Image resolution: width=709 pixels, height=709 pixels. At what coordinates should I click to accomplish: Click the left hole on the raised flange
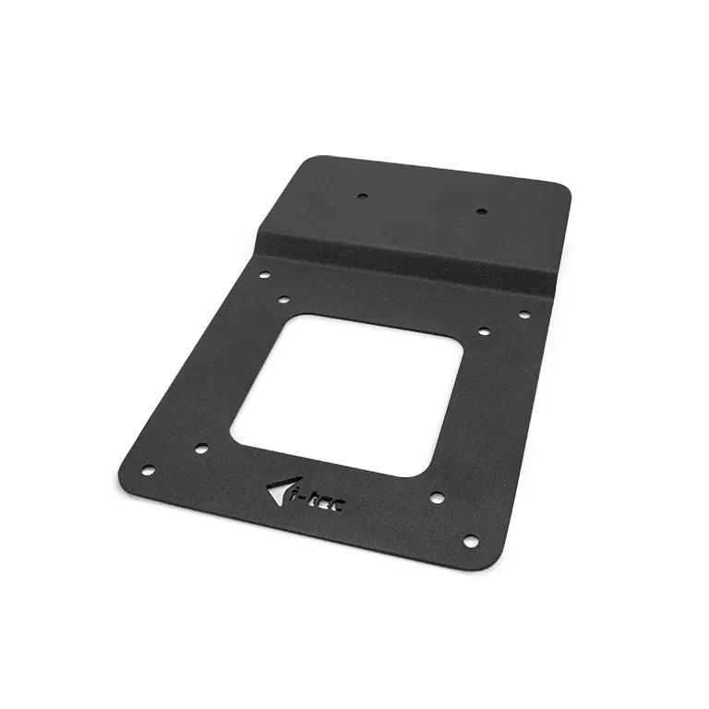(x=363, y=196)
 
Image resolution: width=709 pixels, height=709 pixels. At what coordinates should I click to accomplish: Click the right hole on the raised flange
(x=481, y=211)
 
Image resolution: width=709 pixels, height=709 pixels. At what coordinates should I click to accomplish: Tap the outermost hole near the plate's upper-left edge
(x=264, y=275)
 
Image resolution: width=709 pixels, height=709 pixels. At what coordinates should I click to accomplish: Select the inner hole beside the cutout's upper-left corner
(x=284, y=300)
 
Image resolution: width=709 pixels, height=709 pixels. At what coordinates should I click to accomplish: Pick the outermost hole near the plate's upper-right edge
(x=523, y=315)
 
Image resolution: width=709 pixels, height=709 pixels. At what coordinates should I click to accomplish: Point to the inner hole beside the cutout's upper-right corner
(x=484, y=330)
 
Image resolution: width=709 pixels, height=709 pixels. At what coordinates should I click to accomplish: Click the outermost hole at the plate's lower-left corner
(x=147, y=470)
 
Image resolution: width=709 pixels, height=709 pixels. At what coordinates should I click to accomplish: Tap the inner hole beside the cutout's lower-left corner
(x=200, y=450)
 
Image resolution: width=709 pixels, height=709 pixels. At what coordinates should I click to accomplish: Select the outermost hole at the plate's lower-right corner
(x=470, y=540)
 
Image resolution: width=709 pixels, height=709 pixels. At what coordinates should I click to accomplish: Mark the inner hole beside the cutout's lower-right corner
(x=437, y=498)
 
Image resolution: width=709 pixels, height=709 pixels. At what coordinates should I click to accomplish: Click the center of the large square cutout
(x=347, y=395)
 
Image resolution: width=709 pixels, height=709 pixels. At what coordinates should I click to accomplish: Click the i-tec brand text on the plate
(x=318, y=501)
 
